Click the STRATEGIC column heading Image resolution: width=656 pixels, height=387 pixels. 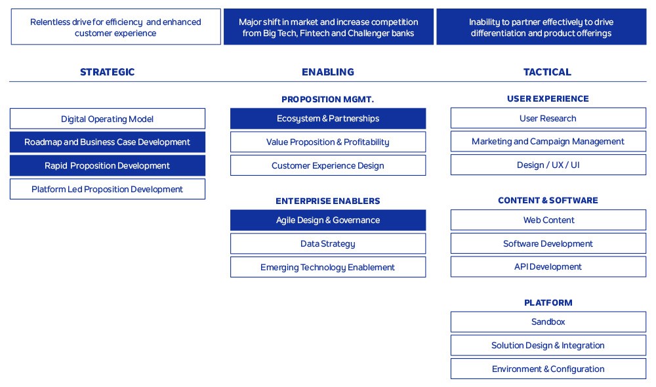pos(107,72)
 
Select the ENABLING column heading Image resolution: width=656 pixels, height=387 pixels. pos(328,72)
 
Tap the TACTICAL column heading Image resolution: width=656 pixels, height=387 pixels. pos(547,72)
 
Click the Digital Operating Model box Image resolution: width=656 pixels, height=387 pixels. pos(108,119)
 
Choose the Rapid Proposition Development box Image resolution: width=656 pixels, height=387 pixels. pos(108,166)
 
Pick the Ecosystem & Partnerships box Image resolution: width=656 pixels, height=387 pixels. pos(328,119)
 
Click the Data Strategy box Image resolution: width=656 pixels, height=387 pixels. pos(328,243)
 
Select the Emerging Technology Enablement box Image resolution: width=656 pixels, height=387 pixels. pos(328,267)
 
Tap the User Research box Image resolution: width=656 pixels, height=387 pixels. pos(548,118)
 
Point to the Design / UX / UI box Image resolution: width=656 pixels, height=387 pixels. pos(548,165)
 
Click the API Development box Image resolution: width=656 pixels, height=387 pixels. pos(548,266)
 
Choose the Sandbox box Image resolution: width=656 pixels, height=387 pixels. pos(548,321)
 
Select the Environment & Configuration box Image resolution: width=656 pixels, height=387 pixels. pos(548,369)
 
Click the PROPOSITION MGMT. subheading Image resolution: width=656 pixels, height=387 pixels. pos(327,100)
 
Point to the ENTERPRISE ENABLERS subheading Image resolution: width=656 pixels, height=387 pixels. pos(328,201)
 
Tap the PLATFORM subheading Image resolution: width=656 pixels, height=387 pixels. pos(548,303)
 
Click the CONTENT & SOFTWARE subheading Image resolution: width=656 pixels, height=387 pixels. pos(548,201)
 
